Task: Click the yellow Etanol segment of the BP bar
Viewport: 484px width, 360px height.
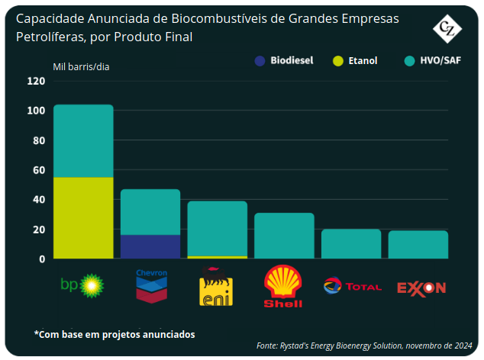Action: [x=83, y=218]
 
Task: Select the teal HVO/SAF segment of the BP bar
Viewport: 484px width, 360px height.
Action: [x=83, y=141]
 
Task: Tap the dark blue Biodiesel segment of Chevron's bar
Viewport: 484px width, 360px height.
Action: [x=150, y=246]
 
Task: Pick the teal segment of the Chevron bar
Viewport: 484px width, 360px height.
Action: [x=150, y=212]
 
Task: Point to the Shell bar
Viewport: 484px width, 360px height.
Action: [x=284, y=236]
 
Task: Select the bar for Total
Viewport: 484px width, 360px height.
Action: [x=351, y=244]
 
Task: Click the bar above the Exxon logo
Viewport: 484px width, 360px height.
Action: [x=418, y=245]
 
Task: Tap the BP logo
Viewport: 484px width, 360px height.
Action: [x=82, y=285]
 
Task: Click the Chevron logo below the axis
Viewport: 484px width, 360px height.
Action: [x=151, y=284]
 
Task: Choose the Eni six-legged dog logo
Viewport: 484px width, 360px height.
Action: [x=216, y=287]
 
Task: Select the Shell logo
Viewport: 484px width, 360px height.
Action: [x=283, y=286]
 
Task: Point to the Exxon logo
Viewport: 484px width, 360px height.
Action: [x=421, y=288]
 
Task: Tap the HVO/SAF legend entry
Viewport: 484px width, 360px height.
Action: [x=436, y=60]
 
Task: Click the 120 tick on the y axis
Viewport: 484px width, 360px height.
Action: [x=36, y=81]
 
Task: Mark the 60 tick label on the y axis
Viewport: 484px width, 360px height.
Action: [x=38, y=170]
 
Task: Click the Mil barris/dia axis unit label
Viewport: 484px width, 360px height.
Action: [x=81, y=66]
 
